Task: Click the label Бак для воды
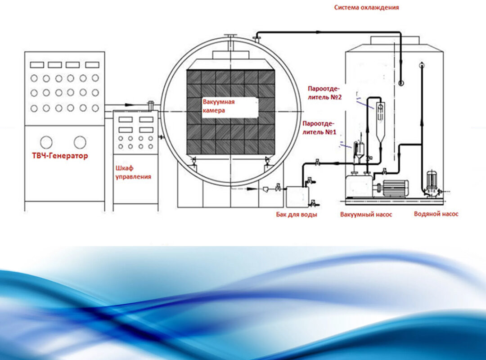pos(297,215)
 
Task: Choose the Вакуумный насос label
pos(366,215)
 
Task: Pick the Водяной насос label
pos(436,214)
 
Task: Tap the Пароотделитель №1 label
pos(319,128)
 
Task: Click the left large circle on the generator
pos(46,142)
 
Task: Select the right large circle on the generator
pos(80,142)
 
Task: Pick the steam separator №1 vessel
pos(359,150)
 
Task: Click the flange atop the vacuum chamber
pos(231,36)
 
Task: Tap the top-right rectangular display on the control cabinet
pos(146,120)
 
